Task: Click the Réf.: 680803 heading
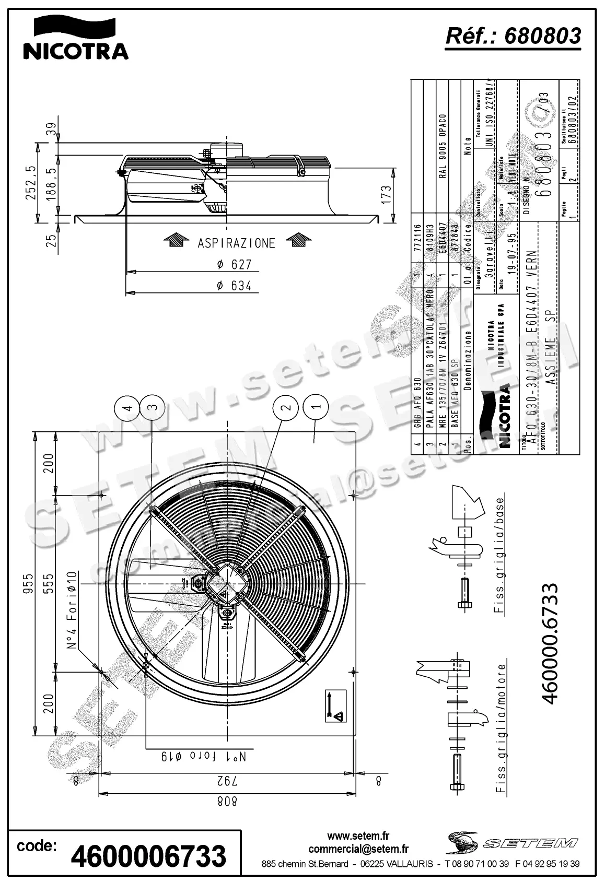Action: pyautogui.click(x=513, y=36)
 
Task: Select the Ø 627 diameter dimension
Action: pyautogui.click(x=234, y=265)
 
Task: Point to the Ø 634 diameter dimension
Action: pyautogui.click(x=234, y=285)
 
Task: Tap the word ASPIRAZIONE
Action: pyautogui.click(x=236, y=243)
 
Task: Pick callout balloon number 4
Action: pyautogui.click(x=127, y=407)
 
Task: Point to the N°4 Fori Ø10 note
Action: pyautogui.click(x=72, y=609)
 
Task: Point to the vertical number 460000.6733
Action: pyautogui.click(x=551, y=643)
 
